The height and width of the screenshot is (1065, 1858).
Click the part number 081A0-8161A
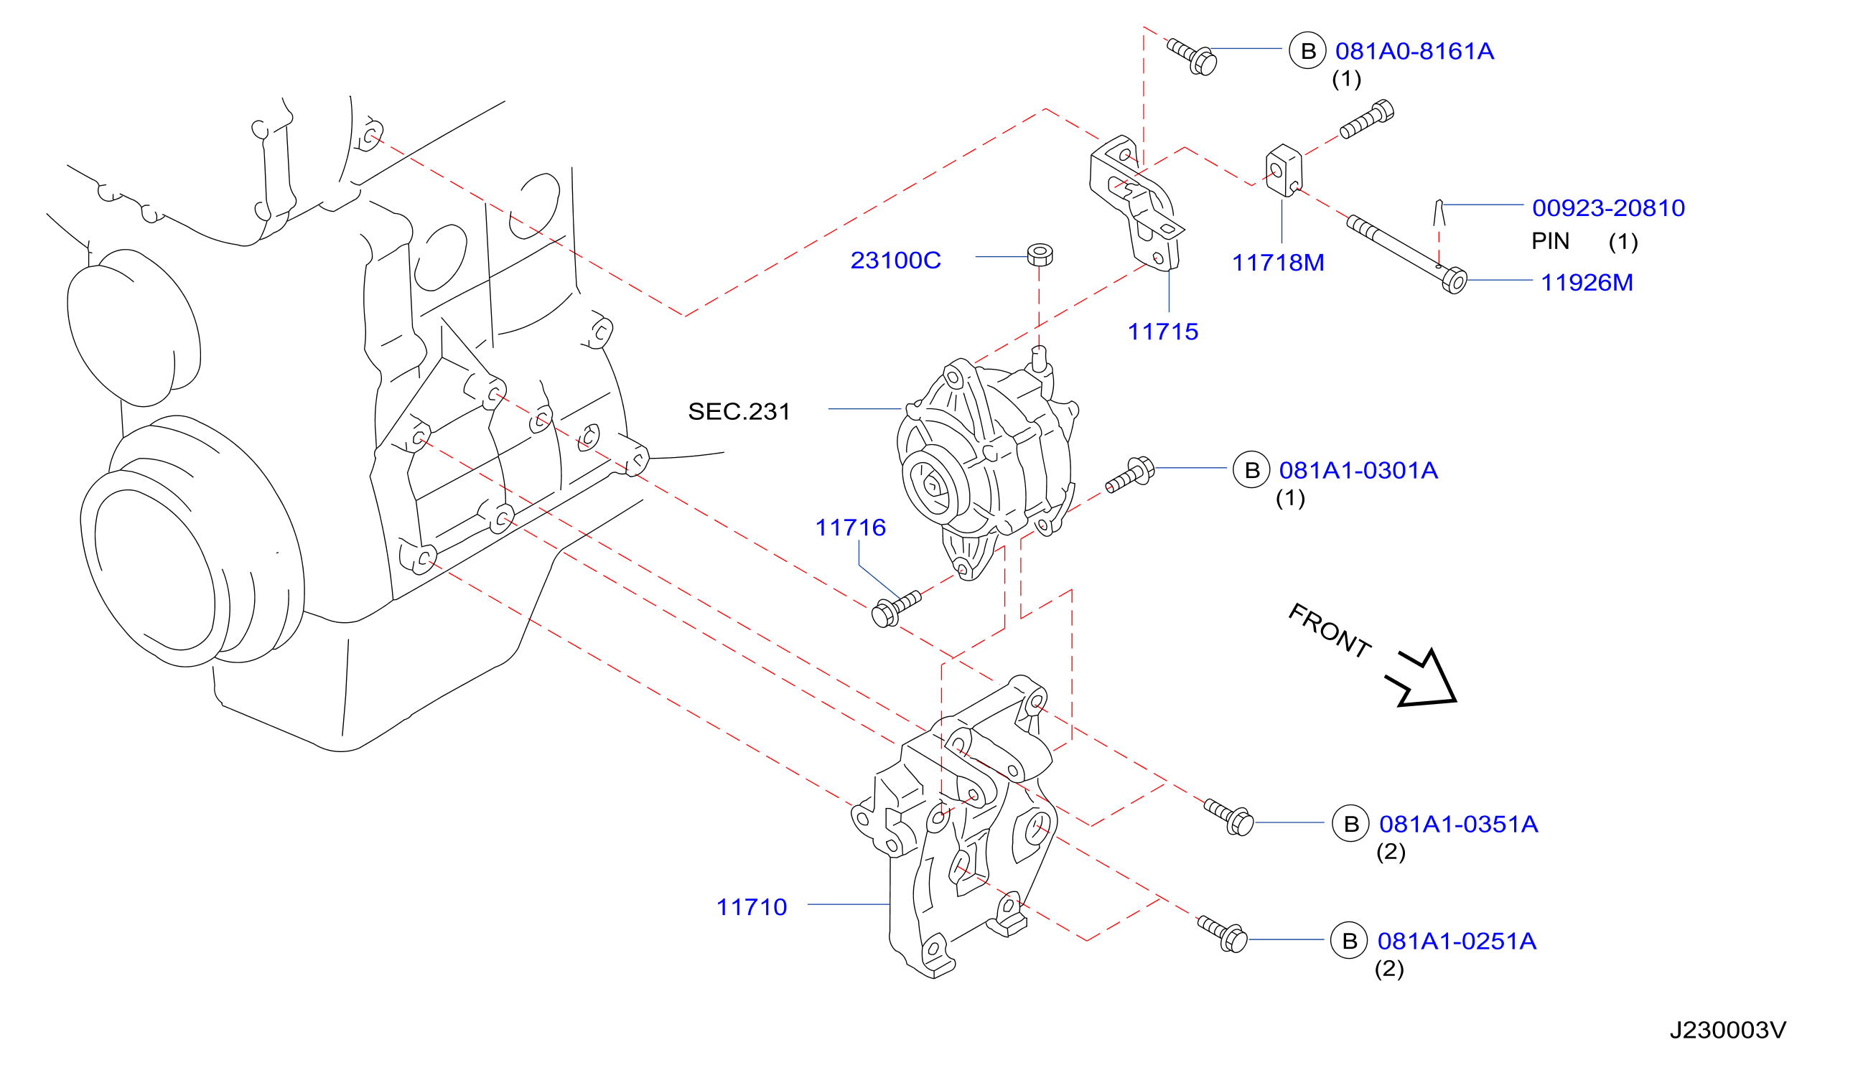tap(1414, 51)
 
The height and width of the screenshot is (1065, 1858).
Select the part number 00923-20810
tap(1608, 207)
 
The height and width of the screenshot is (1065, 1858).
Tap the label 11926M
tap(1587, 282)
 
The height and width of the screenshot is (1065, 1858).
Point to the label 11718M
tap(1278, 263)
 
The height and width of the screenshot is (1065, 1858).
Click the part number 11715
tap(1162, 332)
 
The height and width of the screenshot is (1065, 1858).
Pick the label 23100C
tap(895, 261)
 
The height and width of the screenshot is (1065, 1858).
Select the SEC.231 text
tap(739, 411)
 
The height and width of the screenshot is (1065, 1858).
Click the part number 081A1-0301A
tap(1358, 470)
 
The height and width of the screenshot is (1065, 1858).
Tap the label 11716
tap(850, 527)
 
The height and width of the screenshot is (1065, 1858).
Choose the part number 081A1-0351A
tap(1458, 825)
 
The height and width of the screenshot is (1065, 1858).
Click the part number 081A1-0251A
tap(1457, 942)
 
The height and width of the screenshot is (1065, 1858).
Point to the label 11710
tap(751, 907)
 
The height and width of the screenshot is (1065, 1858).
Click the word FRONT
tap(1328, 631)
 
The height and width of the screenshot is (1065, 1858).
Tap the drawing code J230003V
tap(1728, 1030)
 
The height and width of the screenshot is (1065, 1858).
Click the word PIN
tap(1550, 241)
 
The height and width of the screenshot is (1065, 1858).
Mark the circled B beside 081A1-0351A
tap(1350, 824)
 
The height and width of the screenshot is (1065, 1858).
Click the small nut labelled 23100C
tap(1040, 255)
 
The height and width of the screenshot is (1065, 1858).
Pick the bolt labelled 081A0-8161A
tap(1192, 55)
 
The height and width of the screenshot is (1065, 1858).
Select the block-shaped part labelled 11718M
tap(1284, 171)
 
